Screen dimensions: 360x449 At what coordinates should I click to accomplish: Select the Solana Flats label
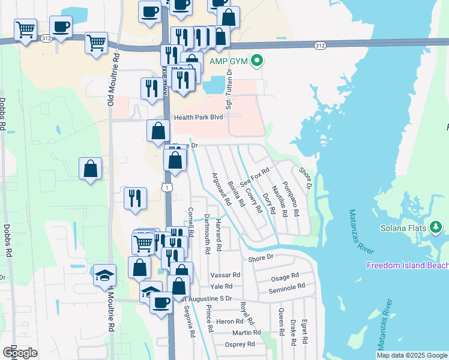click(403, 228)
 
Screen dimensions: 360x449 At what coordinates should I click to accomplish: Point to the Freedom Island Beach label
click(408, 266)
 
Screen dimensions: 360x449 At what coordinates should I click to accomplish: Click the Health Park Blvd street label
click(199, 118)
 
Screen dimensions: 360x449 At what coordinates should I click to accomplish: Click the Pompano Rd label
click(291, 198)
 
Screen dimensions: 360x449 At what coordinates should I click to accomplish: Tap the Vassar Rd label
click(226, 275)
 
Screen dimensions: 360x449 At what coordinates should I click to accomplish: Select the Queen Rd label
click(281, 322)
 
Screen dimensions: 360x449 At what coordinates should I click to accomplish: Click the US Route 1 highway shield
click(170, 188)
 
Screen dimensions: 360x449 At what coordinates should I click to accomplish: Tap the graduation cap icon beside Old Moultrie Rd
click(104, 275)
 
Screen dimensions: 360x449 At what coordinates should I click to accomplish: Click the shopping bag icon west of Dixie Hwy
click(90, 169)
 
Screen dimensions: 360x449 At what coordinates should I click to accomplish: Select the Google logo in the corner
click(20, 353)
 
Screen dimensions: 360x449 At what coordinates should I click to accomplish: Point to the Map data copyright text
click(412, 355)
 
